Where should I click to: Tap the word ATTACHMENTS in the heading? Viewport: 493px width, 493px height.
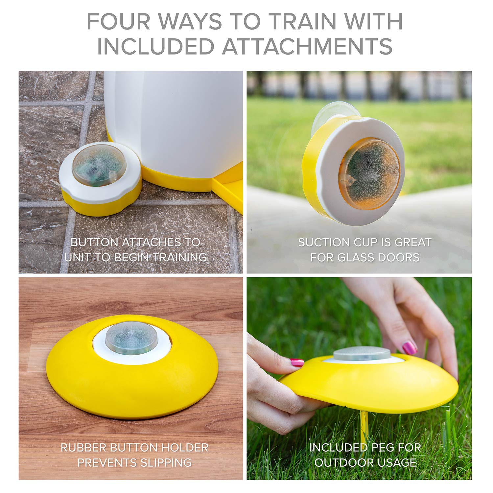click(307, 46)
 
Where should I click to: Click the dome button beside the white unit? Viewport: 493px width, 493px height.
click(99, 165)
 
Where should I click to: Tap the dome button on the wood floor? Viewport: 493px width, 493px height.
click(131, 338)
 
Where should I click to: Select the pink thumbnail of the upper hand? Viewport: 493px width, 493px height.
click(410, 347)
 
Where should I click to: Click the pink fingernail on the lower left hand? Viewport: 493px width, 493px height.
click(297, 363)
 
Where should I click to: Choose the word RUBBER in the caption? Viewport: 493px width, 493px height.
click(83, 448)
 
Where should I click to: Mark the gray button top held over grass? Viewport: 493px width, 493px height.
click(362, 353)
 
